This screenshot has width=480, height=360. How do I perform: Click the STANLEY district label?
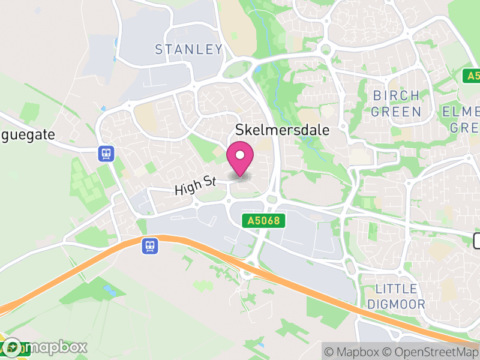188,49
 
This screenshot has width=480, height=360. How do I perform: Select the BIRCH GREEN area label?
396,103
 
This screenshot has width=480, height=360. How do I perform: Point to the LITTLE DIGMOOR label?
396,296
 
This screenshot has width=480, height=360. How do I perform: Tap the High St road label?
195,184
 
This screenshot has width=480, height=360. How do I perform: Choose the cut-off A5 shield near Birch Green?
472,76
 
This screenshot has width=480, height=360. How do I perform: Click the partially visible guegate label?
28,134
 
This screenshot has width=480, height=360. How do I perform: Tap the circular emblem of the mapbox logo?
12,347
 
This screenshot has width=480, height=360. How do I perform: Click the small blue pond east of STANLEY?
257,69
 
